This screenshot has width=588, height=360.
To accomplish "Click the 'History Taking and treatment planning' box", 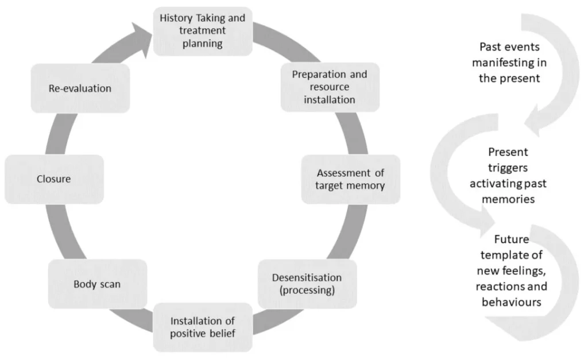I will click(202, 31).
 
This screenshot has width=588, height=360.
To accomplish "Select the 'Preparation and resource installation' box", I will click(330, 87).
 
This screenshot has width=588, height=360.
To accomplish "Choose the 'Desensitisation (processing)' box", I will click(307, 284).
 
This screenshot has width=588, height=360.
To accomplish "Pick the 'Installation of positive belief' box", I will click(202, 327).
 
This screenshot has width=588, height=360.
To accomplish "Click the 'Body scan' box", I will click(97, 284).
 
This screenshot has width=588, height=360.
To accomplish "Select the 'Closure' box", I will click(54, 179).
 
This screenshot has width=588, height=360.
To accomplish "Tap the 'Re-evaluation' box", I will click(80, 88).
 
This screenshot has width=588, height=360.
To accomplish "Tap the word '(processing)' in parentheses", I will click(307, 291).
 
